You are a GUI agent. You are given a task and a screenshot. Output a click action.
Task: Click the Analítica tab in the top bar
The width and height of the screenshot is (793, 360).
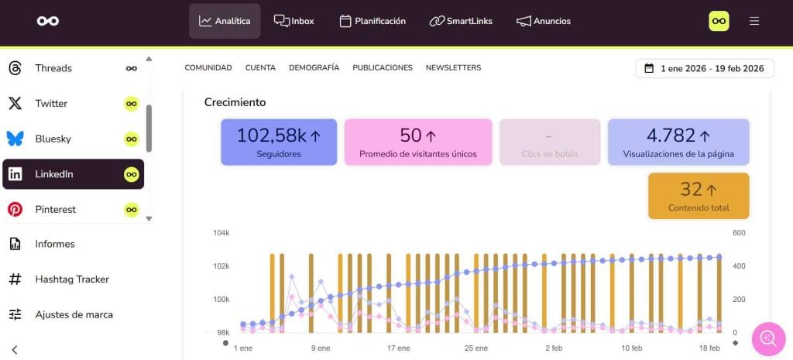coord(225,21)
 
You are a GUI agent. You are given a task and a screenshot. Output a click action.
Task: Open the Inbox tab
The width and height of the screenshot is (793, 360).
coord(294,21)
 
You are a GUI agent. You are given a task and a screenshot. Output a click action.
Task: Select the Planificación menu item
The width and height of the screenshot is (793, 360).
coord(372,21)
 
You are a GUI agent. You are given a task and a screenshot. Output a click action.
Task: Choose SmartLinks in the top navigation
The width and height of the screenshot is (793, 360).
coord(461,21)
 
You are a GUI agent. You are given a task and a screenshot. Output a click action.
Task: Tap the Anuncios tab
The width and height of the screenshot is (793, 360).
coord(544,21)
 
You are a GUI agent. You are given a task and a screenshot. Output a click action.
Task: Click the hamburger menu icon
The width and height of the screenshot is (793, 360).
coord(754,21)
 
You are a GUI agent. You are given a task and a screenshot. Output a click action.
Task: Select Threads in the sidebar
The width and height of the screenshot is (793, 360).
coord(53,68)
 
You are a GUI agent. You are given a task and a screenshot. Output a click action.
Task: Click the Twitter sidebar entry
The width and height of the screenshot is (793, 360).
coord(51,103)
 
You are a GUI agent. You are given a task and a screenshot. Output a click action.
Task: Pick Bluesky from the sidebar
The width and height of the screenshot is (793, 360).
coord(53,139)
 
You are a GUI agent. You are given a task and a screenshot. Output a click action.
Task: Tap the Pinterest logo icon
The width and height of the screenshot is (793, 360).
coord(15,209)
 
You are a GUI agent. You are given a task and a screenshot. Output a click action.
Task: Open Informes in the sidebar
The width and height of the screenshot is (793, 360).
coord(54,244)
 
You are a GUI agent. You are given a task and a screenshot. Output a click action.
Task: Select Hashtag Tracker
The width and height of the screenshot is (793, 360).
coord(71,279)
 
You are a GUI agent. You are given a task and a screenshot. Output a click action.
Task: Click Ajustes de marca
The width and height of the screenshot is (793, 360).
coord(74,314)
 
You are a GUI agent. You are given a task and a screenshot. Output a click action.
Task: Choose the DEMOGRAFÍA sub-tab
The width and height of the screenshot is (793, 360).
coord(314,67)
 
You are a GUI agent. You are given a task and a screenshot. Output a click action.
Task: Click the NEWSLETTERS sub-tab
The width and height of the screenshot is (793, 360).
coord(453,67)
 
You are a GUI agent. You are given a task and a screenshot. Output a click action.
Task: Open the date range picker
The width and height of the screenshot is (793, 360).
coord(704,68)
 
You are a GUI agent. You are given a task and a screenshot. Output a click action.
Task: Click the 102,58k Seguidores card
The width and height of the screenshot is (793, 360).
coord(279,142)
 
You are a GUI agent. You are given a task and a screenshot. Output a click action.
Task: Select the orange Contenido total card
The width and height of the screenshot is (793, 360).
coord(699,195)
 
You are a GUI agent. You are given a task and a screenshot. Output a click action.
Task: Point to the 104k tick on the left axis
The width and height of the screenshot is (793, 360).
coord(221,233)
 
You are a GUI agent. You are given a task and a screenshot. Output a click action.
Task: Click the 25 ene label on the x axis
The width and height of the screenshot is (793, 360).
coord(475,348)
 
